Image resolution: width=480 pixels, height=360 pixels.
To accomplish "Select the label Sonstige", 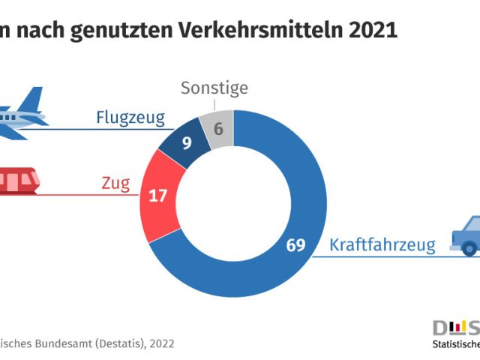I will pos(214,89).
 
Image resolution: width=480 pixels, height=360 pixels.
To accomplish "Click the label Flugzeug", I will pos(130,118).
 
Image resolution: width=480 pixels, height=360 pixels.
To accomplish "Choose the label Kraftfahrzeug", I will pos(382,245).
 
